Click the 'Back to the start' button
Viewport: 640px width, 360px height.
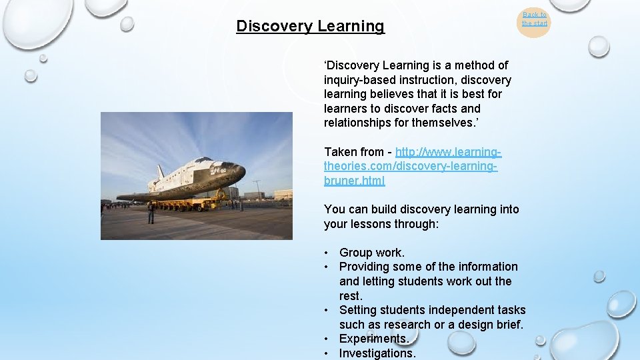[x=534, y=19]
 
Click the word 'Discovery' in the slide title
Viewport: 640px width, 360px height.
[x=274, y=27]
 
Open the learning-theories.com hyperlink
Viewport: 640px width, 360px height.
[x=411, y=167]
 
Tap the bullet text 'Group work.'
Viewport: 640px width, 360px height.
[x=371, y=253]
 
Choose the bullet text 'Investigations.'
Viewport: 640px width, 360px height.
[x=377, y=353]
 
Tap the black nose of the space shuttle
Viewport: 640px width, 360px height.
[x=239, y=172]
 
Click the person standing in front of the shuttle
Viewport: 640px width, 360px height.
[x=151, y=213]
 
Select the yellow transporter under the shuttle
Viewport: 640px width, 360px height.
[x=190, y=203]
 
